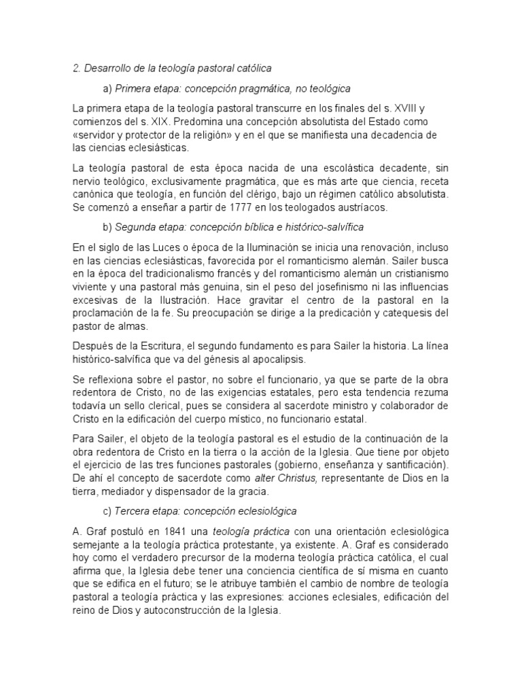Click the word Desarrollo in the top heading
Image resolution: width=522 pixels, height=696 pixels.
pyautogui.click(x=107, y=69)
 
